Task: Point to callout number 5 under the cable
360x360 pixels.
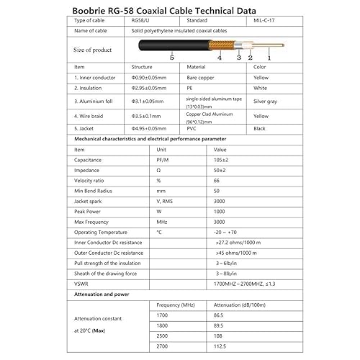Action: point(172,56)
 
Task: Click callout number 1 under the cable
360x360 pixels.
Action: point(269,57)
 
